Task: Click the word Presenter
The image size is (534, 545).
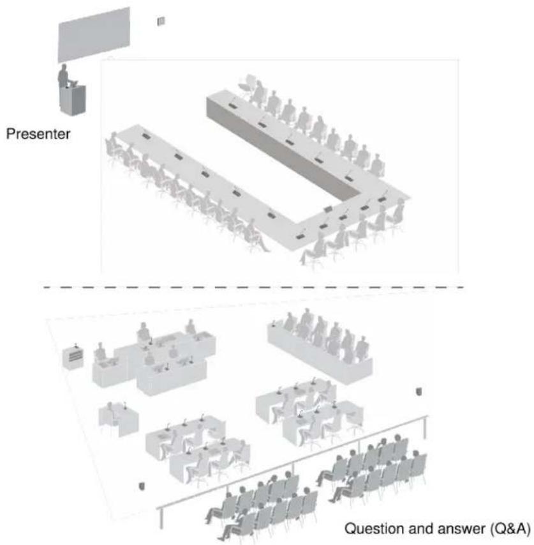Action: pos(38,134)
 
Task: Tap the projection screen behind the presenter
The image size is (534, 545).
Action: pos(94,35)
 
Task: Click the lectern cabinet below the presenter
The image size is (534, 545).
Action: pos(73,100)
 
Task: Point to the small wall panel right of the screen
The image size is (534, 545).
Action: pos(161,21)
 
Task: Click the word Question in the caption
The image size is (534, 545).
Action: pos(375,528)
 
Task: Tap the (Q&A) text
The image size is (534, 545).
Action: pos(510,529)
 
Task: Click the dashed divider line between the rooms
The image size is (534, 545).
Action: pos(253,288)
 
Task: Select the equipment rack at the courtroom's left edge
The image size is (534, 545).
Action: pos(73,357)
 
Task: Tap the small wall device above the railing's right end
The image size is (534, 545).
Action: pos(419,392)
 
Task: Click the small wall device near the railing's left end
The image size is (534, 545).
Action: pos(142,486)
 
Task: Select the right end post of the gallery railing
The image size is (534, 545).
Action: pos(426,427)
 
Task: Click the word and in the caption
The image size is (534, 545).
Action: pos(422,528)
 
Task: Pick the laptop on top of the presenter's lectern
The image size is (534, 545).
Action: pos(73,83)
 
